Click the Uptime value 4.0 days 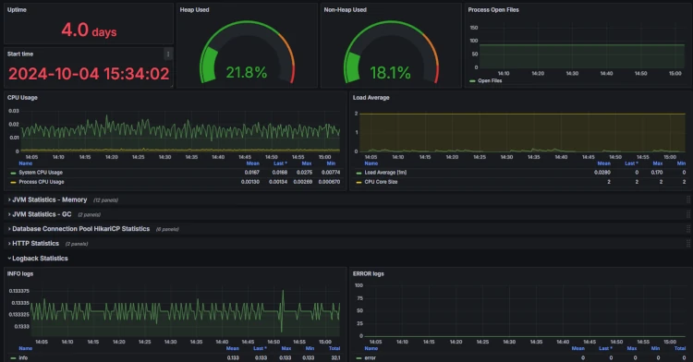click(x=89, y=30)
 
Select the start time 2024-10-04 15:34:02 click(x=89, y=74)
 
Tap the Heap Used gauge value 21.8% click(x=247, y=72)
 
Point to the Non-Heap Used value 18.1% click(x=391, y=72)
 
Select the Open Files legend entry click(x=491, y=81)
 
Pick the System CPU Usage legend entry click(x=42, y=172)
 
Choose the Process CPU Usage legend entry click(x=43, y=181)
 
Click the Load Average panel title click(x=371, y=96)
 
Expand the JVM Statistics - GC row click(x=43, y=214)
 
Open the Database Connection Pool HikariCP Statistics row click(x=79, y=228)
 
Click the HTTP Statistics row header click(x=36, y=243)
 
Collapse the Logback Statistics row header click(x=39, y=258)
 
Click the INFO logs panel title click(x=20, y=273)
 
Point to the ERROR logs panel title click(x=369, y=273)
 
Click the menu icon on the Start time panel click(x=167, y=54)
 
